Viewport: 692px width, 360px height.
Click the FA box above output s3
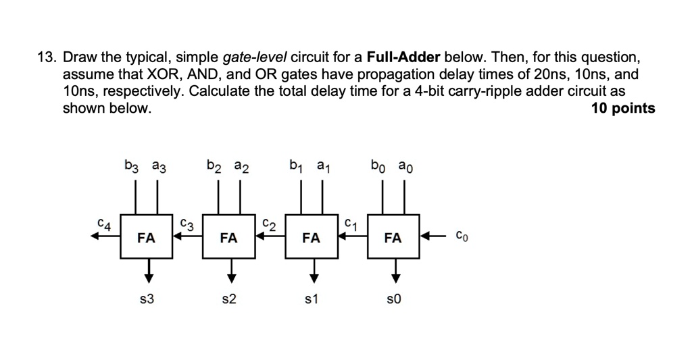coord(147,237)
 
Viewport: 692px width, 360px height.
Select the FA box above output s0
coord(393,237)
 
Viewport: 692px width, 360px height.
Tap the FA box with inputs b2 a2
coord(229,237)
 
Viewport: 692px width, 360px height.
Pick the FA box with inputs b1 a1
coord(312,237)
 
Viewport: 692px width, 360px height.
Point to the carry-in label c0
coord(460,237)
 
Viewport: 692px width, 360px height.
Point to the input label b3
coord(131,165)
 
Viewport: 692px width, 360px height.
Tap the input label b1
coord(295,165)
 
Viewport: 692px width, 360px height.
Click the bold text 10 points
coord(622,109)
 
